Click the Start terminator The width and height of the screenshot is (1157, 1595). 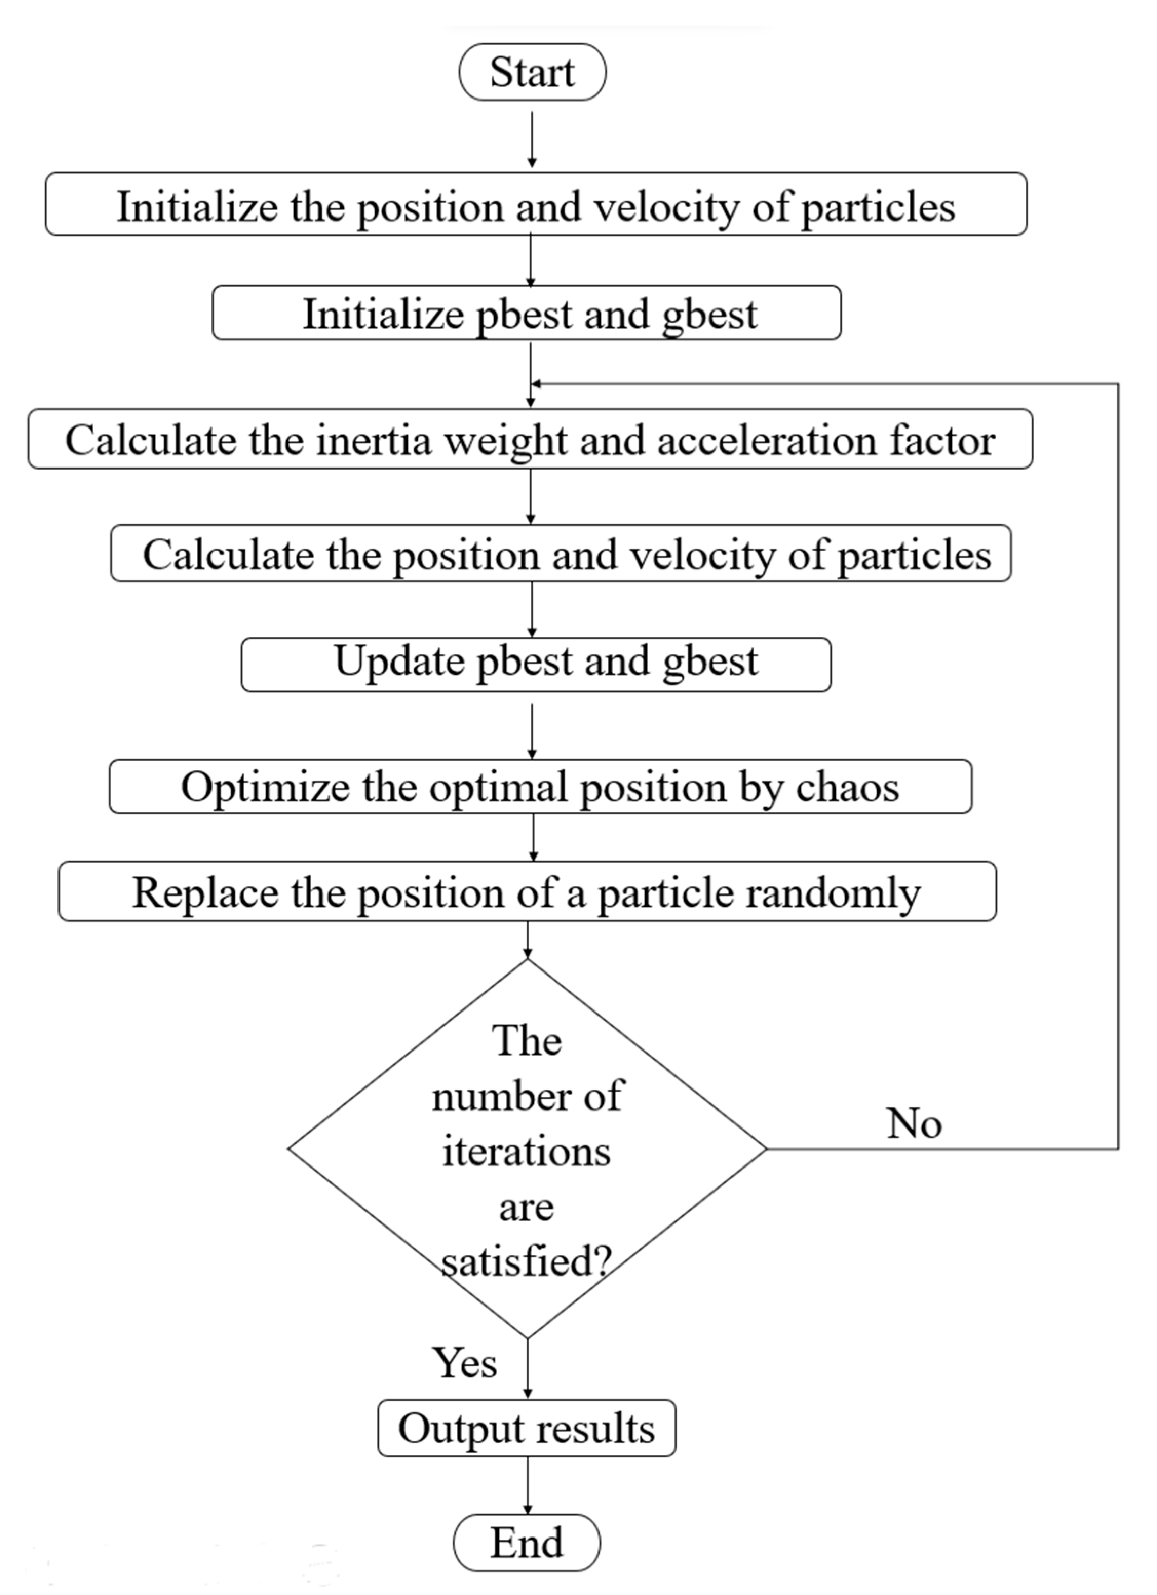pyautogui.click(x=532, y=72)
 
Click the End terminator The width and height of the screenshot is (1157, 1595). pyautogui.click(x=526, y=1543)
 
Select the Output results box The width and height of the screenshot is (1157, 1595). pyautogui.click(x=526, y=1428)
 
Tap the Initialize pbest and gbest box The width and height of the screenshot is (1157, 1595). pyautogui.click(x=526, y=313)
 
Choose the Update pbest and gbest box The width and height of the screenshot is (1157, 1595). pyautogui.click(x=536, y=664)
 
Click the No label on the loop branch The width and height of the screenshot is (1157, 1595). pyautogui.click(x=914, y=1122)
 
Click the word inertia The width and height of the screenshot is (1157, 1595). pyautogui.click(x=373, y=440)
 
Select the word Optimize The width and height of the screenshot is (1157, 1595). pyautogui.click(x=264, y=786)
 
